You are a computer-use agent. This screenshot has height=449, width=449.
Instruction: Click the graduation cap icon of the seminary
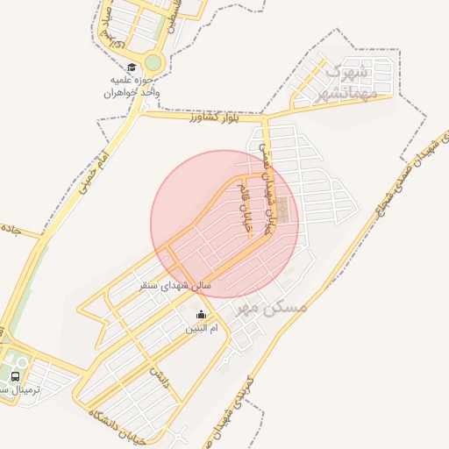click(x=132, y=67)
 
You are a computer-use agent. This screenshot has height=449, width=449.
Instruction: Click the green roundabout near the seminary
click(x=153, y=63)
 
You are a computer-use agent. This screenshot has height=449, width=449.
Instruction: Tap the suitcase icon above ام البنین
click(x=202, y=315)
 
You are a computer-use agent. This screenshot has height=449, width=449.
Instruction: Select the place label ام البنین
click(x=201, y=329)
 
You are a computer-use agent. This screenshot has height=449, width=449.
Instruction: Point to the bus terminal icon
click(x=16, y=376)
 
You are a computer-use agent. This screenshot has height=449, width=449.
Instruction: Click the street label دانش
click(x=160, y=377)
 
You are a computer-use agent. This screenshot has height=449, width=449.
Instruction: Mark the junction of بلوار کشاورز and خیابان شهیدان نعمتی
click(x=266, y=116)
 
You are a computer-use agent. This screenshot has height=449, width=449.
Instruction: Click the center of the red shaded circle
click(x=224, y=224)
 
